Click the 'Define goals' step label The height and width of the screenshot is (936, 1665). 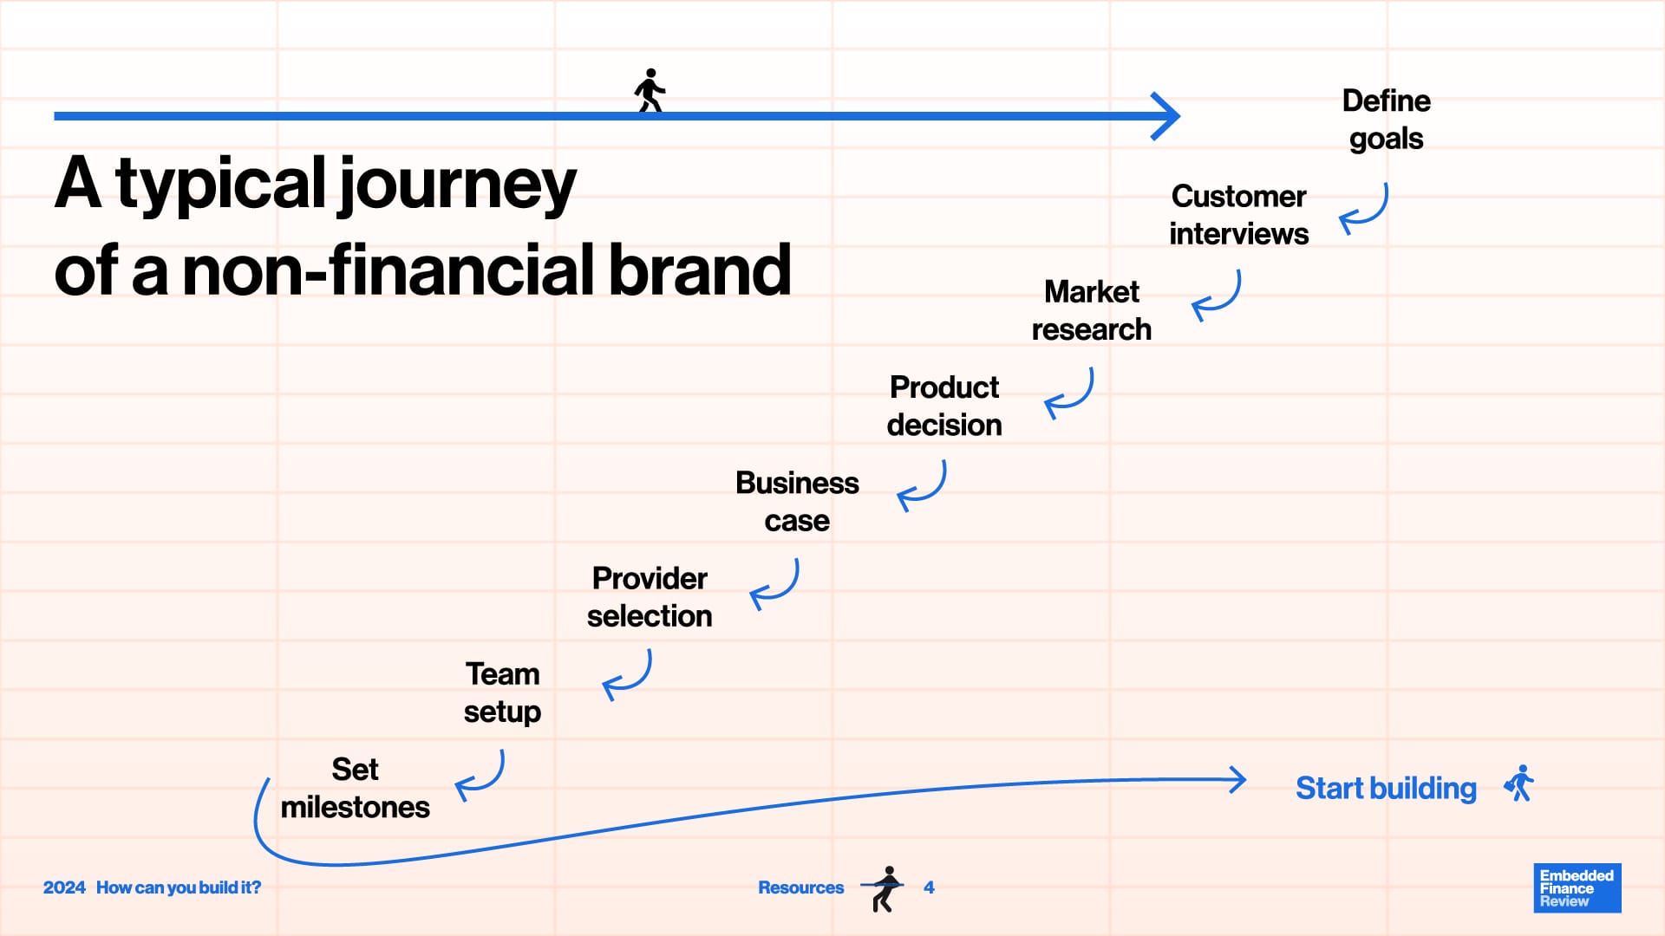click(1386, 120)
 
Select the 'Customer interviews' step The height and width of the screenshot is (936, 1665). click(1238, 215)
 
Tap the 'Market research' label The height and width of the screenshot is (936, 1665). click(1091, 310)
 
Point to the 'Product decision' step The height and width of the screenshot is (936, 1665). click(944, 406)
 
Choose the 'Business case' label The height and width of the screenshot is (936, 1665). click(797, 501)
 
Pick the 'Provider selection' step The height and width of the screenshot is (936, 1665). click(650, 596)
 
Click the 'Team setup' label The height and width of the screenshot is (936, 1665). click(502, 692)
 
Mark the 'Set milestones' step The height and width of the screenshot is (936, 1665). click(355, 788)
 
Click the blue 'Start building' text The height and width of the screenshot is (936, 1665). click(1386, 788)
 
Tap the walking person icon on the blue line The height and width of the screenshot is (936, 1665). click(650, 90)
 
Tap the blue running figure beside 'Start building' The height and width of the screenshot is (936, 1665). click(1519, 783)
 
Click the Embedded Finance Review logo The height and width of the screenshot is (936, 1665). click(1577, 887)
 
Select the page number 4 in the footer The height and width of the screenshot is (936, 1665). click(929, 887)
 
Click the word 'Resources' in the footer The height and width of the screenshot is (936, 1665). click(800, 887)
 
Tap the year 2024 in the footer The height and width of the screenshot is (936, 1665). click(64, 887)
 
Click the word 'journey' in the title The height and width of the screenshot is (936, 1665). click(456, 185)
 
